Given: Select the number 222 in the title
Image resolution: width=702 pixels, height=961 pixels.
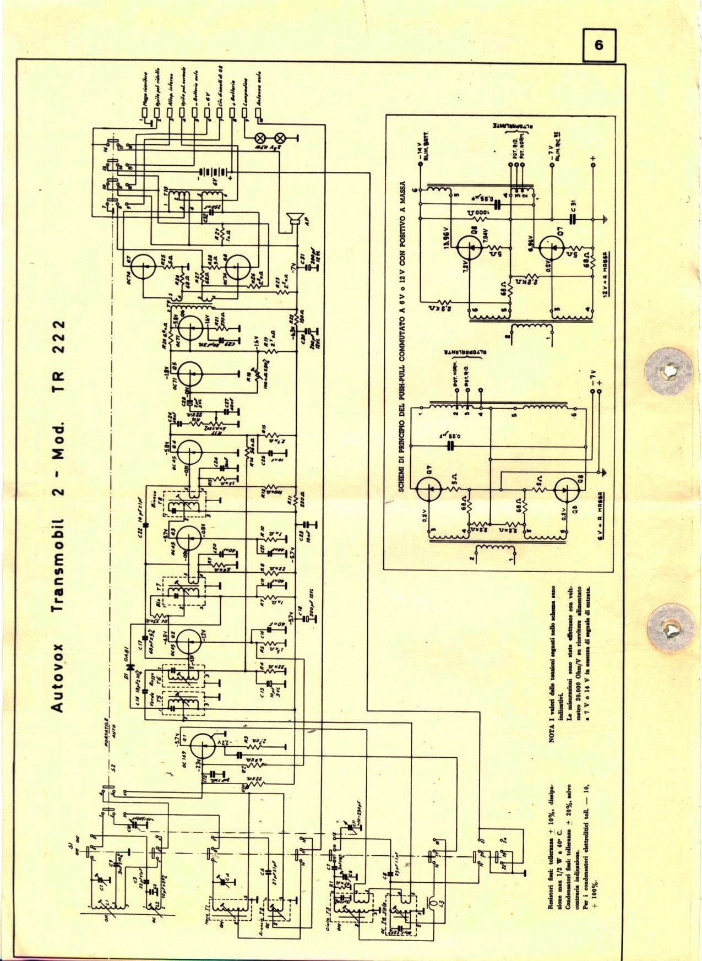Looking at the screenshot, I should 62,340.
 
